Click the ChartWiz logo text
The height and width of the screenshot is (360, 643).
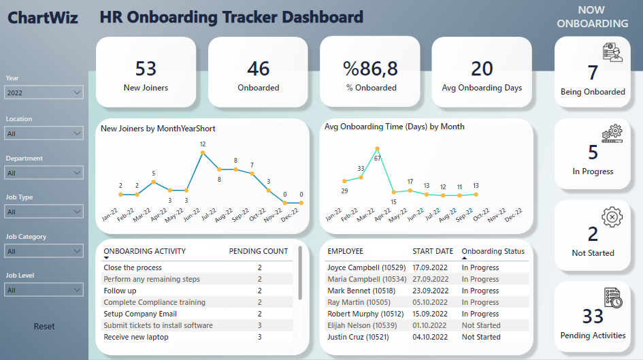pyautogui.click(x=43, y=18)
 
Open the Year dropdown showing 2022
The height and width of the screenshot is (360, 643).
pyautogui.click(x=44, y=93)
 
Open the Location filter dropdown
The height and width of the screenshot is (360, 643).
pyautogui.click(x=44, y=133)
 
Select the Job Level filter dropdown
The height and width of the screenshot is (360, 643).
pyautogui.click(x=44, y=290)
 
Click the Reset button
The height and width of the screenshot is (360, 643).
pyautogui.click(x=44, y=327)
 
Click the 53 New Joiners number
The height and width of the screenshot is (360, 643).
pyautogui.click(x=146, y=69)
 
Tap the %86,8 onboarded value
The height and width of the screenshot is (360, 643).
pyautogui.click(x=370, y=69)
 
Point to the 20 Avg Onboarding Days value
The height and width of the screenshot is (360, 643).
pyautogui.click(x=482, y=69)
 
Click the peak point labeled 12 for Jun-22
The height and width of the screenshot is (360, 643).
pyautogui.click(x=203, y=152)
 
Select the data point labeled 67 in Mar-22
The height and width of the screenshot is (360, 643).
pyautogui.click(x=377, y=148)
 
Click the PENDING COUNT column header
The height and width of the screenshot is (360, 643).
pyautogui.click(x=258, y=251)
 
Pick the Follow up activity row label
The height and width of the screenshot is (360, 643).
pyautogui.click(x=120, y=291)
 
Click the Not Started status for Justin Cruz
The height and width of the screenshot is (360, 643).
pyautogui.click(x=480, y=337)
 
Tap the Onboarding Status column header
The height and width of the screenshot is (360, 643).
pyautogui.click(x=493, y=251)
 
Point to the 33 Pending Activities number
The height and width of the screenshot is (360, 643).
pyautogui.click(x=593, y=316)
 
